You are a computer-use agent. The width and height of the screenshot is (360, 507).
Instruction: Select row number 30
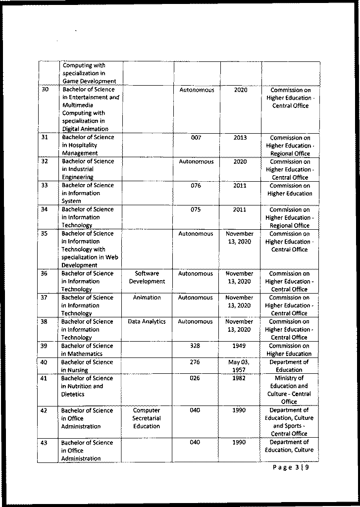(x=45, y=90)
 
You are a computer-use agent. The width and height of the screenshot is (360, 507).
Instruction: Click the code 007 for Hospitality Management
(x=196, y=138)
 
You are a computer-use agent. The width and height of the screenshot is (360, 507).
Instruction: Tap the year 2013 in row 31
(x=240, y=138)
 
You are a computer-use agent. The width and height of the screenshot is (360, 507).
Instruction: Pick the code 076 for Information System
(x=196, y=186)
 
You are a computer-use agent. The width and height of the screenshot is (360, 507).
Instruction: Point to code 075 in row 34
(x=196, y=209)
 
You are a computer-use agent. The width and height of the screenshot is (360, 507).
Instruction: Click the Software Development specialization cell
(x=147, y=277)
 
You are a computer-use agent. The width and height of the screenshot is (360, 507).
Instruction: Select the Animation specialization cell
(x=147, y=298)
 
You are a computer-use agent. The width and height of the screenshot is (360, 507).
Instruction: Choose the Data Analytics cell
(x=147, y=321)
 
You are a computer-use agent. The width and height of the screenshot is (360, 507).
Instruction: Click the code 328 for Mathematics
(x=195, y=346)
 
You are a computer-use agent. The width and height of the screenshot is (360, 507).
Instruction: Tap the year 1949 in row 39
(x=239, y=346)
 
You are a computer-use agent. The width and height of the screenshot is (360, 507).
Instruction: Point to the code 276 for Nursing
(x=195, y=362)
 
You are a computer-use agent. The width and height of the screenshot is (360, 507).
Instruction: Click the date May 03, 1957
(x=239, y=366)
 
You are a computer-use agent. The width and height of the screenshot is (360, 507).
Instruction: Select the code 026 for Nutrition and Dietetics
(x=195, y=378)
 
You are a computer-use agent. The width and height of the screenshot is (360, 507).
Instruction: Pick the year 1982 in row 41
(x=239, y=378)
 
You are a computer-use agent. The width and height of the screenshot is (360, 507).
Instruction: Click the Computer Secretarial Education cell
(x=147, y=418)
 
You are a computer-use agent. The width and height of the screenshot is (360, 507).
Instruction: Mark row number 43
(x=44, y=443)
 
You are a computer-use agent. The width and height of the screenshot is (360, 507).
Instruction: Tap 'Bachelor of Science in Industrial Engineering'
(x=88, y=169)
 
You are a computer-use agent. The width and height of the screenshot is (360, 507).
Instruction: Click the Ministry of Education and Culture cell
(x=289, y=390)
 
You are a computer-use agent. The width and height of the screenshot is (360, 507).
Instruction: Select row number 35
(x=45, y=234)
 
